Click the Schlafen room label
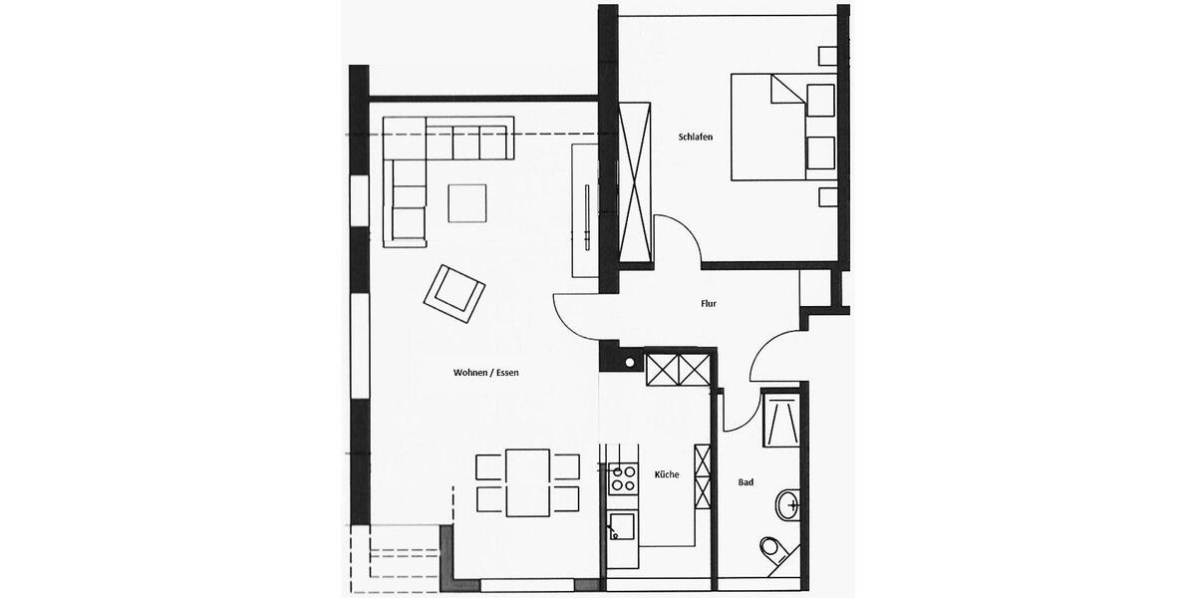click(695, 138)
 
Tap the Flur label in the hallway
click(709, 304)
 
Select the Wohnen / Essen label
click(486, 373)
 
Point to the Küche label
click(667, 474)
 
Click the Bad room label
click(746, 482)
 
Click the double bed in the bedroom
click(783, 127)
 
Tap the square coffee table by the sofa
click(467, 203)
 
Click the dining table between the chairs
click(527, 482)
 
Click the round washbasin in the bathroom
click(789, 504)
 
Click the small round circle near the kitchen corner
click(630, 362)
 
